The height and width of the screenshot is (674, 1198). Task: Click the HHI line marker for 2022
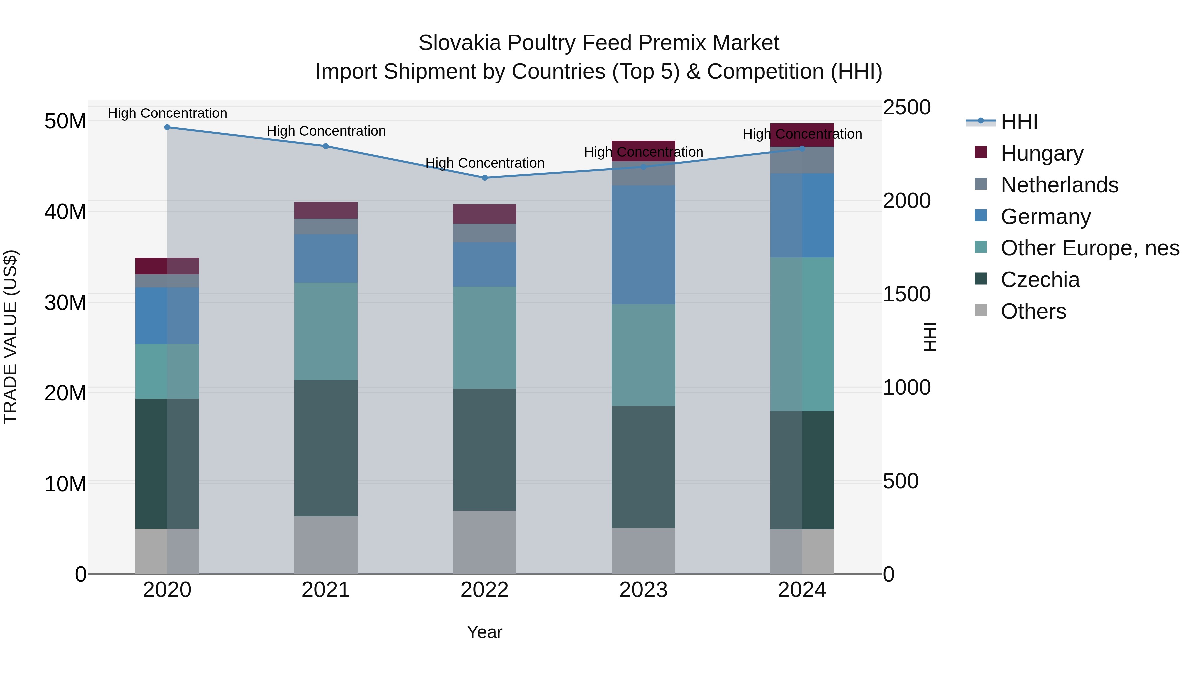[x=485, y=178]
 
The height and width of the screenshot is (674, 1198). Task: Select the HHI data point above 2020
[x=167, y=127]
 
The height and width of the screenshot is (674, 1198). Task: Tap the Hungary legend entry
[x=1042, y=153]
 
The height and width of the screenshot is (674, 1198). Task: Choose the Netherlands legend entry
[x=1060, y=185]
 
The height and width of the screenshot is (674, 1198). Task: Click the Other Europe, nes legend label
[x=1090, y=248]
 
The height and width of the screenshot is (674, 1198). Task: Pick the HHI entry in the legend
[x=1019, y=122]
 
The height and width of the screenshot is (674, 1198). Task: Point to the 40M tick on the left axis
[x=65, y=212]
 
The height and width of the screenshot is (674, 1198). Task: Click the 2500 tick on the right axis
[x=906, y=108]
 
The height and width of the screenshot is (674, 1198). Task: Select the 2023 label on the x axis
[x=643, y=590]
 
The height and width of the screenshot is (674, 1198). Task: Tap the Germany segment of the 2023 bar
[x=643, y=245]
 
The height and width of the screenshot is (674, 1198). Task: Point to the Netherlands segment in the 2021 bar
[x=326, y=227]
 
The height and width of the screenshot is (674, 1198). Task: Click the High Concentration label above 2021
[x=326, y=131]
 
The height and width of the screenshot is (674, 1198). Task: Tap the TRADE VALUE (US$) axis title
[x=10, y=337]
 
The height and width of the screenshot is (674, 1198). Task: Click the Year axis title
[x=485, y=632]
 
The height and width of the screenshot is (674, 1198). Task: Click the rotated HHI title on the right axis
[x=930, y=337]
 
